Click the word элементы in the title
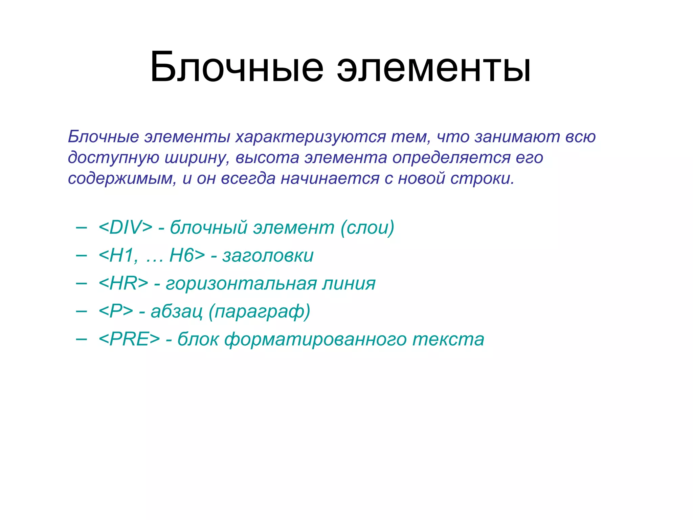coord(434,68)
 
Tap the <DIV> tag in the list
coord(126,227)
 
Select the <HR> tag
coord(123,283)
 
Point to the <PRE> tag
coord(129,339)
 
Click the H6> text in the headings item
coord(187,255)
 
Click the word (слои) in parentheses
coord(367,227)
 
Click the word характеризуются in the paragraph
coord(311,137)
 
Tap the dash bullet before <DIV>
coord(82,227)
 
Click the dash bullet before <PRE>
coord(82,339)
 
